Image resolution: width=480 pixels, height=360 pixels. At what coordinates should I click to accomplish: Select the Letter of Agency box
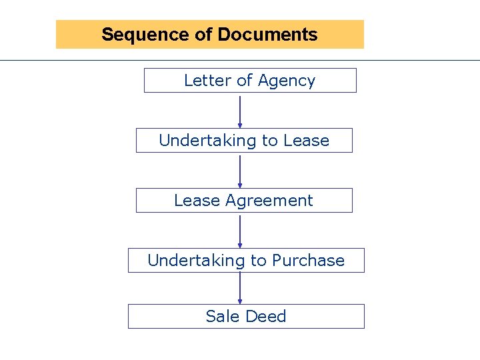pyautogui.click(x=250, y=81)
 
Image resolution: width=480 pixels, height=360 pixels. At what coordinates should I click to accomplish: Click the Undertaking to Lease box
pyautogui.click(x=244, y=141)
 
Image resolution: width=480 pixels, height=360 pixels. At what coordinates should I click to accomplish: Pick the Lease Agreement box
pyautogui.click(x=244, y=201)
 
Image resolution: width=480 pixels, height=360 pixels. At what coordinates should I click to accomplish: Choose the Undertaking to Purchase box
pyautogui.click(x=246, y=261)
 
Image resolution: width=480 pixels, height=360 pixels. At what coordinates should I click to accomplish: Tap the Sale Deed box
pyautogui.click(x=246, y=317)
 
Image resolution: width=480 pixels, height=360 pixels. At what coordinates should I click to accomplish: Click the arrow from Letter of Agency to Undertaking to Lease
pyautogui.click(x=240, y=111)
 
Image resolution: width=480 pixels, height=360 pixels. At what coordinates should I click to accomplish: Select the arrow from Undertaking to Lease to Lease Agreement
pyautogui.click(x=240, y=171)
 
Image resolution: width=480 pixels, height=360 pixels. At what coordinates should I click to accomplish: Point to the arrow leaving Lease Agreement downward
pyautogui.click(x=240, y=231)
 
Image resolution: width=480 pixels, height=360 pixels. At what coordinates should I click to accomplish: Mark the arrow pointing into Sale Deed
pyautogui.click(x=240, y=289)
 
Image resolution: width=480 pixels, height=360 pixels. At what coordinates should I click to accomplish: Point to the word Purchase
pyautogui.click(x=308, y=261)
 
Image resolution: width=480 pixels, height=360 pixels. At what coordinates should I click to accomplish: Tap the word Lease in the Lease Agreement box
pyautogui.click(x=197, y=201)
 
